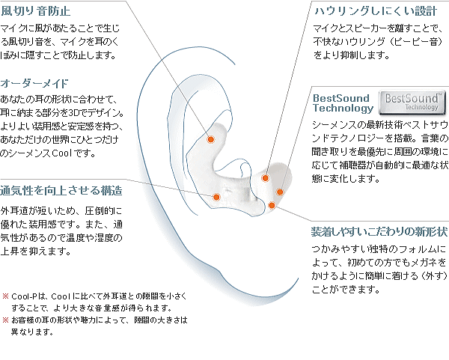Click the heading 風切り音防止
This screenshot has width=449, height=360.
pos(36,11)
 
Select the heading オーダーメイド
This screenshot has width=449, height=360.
pos(34,83)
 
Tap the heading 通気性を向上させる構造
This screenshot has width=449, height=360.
pos(61,190)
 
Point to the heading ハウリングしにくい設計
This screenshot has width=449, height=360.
pos(376,11)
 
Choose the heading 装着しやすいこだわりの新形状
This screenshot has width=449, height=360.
pos(379,231)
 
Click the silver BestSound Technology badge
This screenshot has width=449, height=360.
pos(412,103)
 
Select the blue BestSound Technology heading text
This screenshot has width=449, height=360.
pos(343,103)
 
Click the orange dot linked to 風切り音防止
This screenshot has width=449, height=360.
pos(211,139)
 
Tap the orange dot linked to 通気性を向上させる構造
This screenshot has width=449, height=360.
pos(216,197)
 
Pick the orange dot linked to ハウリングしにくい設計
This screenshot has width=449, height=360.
pos(266,178)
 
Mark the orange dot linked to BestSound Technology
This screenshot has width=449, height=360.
pos(280,192)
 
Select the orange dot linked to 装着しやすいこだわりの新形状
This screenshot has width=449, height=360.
pos(272,205)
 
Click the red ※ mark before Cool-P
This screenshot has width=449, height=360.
pos(6,296)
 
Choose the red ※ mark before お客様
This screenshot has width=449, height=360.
pos(6,320)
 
